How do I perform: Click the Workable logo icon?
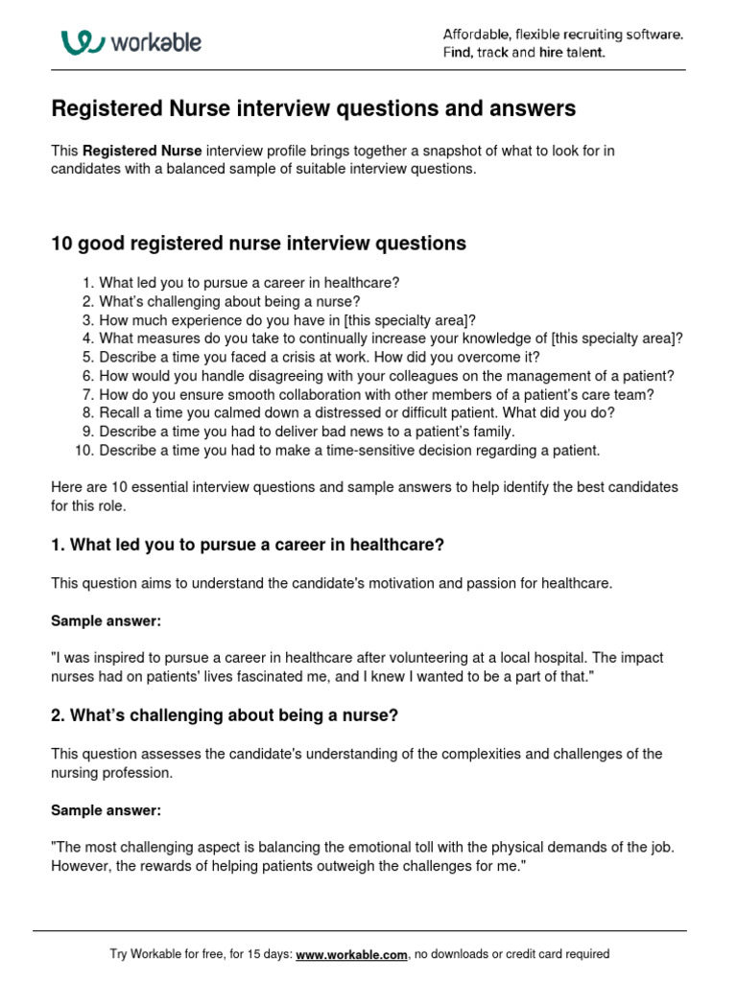click(83, 42)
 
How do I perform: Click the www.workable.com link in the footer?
click(352, 954)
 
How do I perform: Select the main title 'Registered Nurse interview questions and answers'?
click(313, 109)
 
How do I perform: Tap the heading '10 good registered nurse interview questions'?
click(258, 244)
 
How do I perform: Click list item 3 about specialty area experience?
click(287, 319)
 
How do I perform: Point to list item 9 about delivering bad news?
click(314, 432)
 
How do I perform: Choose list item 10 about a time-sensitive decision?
click(349, 450)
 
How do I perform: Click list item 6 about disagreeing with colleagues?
click(387, 376)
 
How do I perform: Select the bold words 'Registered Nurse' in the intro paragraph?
click(142, 152)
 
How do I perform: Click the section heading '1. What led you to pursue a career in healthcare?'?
click(248, 545)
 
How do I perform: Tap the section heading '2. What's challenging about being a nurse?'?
click(224, 715)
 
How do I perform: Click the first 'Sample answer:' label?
click(106, 621)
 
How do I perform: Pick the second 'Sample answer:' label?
click(106, 810)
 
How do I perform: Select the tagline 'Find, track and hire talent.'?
click(524, 53)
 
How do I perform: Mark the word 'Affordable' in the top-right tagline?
click(475, 35)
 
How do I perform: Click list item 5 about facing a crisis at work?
click(320, 357)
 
